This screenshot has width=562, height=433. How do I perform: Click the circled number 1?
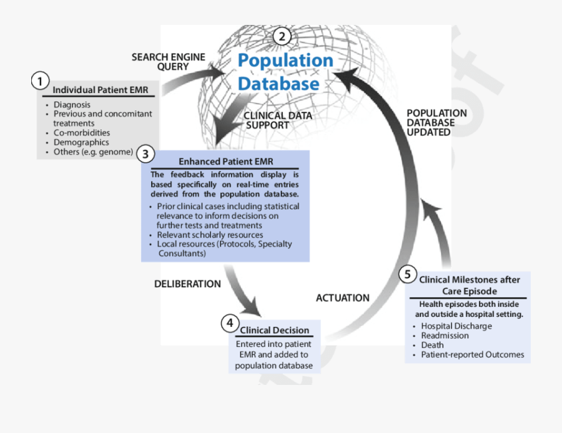point(40,82)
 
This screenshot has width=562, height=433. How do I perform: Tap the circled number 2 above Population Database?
point(282,36)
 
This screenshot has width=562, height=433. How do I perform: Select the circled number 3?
point(145,153)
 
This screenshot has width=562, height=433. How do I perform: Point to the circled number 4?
point(230,323)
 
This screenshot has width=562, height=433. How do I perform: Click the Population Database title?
point(285,72)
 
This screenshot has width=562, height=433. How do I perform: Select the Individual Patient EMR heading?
point(100,90)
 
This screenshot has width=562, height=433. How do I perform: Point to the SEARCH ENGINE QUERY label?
point(168,62)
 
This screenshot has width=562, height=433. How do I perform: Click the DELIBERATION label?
point(187,284)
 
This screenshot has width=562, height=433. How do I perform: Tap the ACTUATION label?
point(342,298)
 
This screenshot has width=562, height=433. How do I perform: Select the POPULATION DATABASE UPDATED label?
point(436,122)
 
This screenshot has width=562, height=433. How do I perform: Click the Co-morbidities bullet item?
point(81,133)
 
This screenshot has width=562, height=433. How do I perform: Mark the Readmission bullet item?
point(445,336)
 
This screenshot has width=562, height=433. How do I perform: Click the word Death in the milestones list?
point(432,345)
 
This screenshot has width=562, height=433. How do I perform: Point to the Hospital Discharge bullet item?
point(456,326)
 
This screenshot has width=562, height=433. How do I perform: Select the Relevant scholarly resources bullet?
point(210,235)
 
